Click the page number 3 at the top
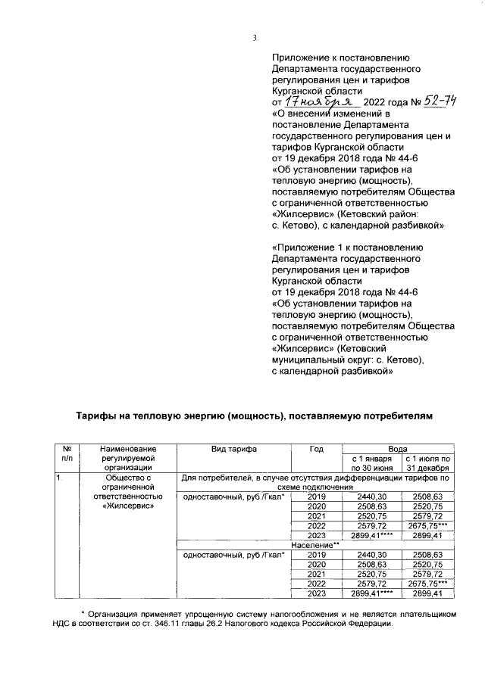pyautogui.click(x=255, y=39)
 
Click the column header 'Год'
pyautogui.click(x=317, y=450)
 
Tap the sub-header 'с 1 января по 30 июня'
pyautogui.click(x=368, y=464)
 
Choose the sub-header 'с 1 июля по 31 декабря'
pyautogui.click(x=427, y=464)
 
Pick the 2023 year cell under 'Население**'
pyautogui.click(x=317, y=594)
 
